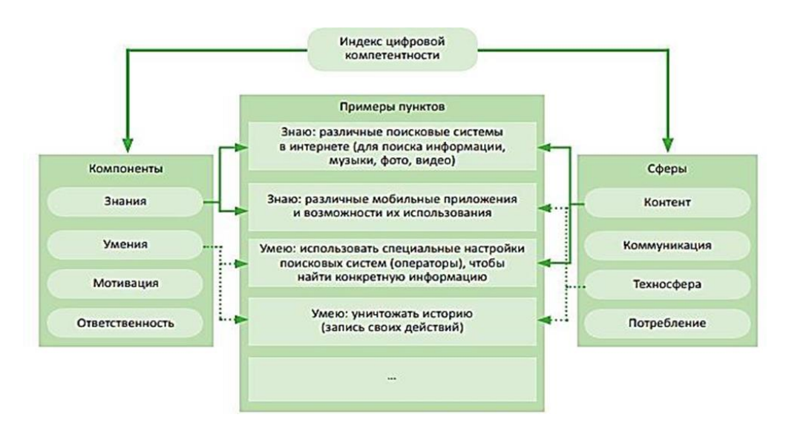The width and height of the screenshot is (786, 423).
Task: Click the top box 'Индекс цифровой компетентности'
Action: coord(393,49)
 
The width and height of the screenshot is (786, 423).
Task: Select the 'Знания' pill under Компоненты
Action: coord(125,201)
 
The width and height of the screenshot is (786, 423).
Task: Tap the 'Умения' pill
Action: coord(125,245)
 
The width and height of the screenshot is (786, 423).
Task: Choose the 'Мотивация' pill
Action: coord(125,283)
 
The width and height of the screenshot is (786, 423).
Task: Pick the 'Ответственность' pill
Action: coord(125,323)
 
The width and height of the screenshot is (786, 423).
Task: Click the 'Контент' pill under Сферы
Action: coord(667,203)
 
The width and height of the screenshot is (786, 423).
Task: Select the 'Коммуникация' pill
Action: coord(667,246)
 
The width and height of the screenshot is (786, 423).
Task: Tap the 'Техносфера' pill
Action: coord(667,285)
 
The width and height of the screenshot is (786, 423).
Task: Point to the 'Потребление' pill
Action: coord(667,324)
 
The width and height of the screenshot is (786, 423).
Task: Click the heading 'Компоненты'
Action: coord(126,168)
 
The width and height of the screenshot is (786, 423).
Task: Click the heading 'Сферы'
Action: coord(667,168)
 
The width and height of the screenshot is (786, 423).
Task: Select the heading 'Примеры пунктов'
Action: coord(392,107)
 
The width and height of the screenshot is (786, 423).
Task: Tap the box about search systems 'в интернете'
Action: coord(392,146)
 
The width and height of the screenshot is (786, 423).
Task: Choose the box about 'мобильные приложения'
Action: coord(392,206)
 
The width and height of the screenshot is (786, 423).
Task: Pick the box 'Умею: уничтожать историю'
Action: coord(392,321)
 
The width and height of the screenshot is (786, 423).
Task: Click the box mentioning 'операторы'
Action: coord(392,263)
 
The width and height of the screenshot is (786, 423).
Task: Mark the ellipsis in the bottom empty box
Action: coord(392,378)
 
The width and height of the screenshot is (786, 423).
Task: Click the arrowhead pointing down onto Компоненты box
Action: coord(128,145)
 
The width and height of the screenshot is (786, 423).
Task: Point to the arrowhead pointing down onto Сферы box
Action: coord(668,145)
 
